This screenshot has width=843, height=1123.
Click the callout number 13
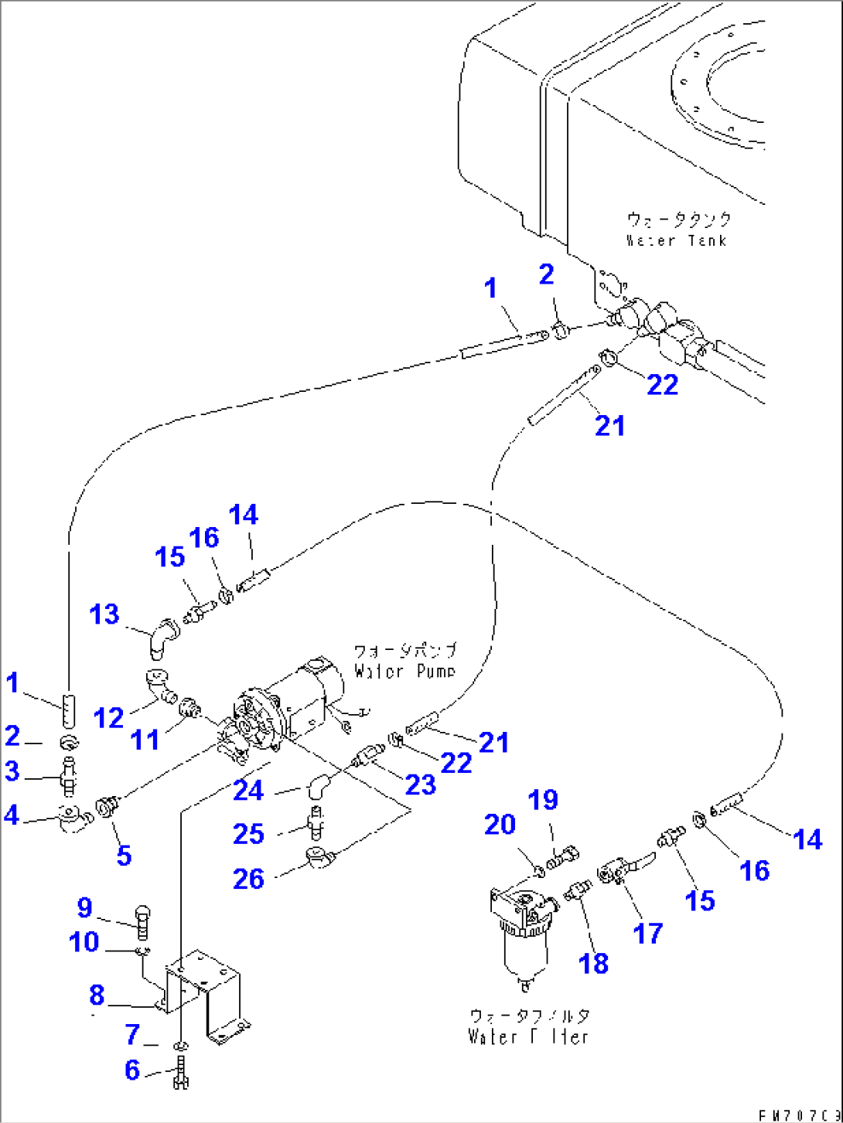[104, 614]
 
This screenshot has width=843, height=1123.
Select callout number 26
[248, 879]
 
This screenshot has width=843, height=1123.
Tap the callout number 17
[647, 933]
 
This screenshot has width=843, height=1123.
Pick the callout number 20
[500, 825]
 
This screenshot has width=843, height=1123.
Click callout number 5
[124, 855]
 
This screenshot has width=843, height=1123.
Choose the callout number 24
[248, 791]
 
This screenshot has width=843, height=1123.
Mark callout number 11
[145, 740]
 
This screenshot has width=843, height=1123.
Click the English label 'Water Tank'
[676, 240]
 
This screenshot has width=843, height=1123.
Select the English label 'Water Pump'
[404, 671]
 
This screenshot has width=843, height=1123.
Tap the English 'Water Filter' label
[528, 1036]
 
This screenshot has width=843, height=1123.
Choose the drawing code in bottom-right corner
[797, 1115]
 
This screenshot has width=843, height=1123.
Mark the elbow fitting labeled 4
[72, 819]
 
